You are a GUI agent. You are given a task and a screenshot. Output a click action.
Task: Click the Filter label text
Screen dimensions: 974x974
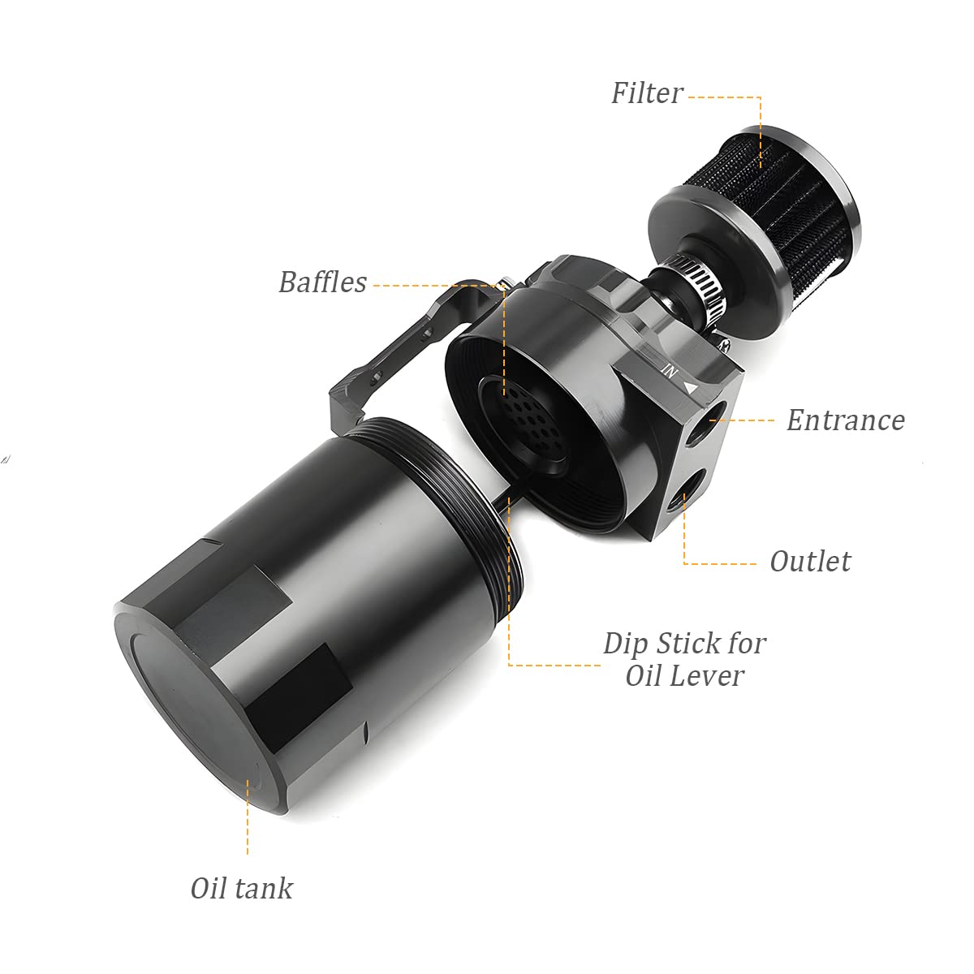tap(647, 93)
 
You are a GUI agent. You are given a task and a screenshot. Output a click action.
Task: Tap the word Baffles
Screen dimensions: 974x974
tap(322, 282)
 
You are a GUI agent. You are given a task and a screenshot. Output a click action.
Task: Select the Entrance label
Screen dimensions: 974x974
tap(845, 420)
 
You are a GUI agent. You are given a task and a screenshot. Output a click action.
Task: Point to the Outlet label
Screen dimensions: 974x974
tap(810, 562)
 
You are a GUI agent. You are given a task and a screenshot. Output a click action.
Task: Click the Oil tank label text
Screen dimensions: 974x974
tap(241, 888)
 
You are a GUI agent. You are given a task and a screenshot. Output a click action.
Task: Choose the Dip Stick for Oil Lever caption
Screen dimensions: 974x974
tap(684, 659)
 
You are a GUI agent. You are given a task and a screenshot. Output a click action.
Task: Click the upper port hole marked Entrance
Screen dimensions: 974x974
tap(715, 416)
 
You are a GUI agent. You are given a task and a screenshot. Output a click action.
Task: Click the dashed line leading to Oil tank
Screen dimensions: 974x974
tap(248, 812)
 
